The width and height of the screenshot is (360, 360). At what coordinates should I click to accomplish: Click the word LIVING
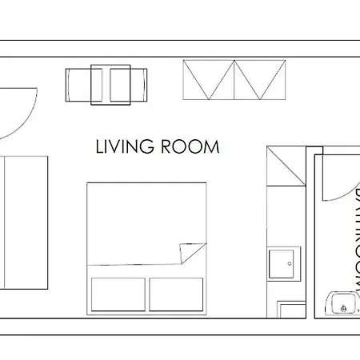123,148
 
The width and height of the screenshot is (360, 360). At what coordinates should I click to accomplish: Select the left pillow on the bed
118,294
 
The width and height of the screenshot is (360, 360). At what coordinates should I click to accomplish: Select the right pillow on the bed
176,294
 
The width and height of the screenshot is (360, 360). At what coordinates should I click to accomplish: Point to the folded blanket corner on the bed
192,254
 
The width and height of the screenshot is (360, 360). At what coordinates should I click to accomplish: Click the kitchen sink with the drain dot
284,263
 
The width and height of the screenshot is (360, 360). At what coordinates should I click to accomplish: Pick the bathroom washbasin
342,303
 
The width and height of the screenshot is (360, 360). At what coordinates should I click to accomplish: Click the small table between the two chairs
110,84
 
